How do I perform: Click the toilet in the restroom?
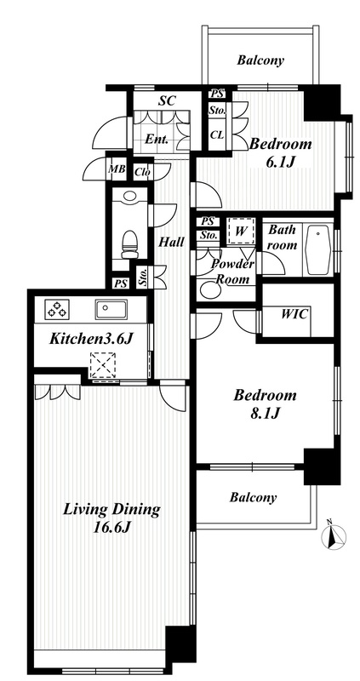click(x=129, y=244)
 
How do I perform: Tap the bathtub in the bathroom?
click(x=319, y=249)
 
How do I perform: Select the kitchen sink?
click(x=111, y=309)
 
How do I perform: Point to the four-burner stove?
click(x=56, y=309)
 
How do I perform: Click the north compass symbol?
click(x=334, y=535)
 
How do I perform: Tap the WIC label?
click(x=294, y=314)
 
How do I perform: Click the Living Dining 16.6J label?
click(x=112, y=518)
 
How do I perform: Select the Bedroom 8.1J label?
click(x=265, y=403)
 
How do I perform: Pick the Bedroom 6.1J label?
click(x=281, y=152)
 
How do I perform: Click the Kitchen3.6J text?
click(x=90, y=339)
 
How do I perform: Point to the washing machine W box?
click(x=240, y=231)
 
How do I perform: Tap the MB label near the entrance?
click(x=116, y=169)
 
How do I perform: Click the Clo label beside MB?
click(x=142, y=172)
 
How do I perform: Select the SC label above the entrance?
click(x=167, y=100)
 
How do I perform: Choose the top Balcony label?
click(x=260, y=60)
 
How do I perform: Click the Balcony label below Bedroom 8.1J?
click(x=253, y=497)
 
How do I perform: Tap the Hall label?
click(x=171, y=242)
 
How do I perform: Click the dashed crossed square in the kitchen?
click(x=103, y=365)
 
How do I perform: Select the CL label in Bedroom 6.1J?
click(x=217, y=134)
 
